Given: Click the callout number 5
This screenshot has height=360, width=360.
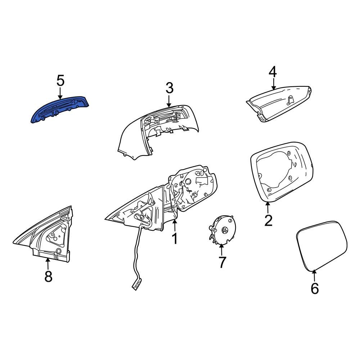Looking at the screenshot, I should pyautogui.click(x=60, y=81).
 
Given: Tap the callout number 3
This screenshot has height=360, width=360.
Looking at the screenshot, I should pyautogui.click(x=169, y=88).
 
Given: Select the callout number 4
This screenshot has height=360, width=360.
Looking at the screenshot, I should pyautogui.click(x=273, y=72).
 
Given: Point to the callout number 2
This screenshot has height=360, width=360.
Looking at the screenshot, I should pyautogui.click(x=268, y=220).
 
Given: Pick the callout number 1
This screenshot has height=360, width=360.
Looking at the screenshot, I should pyautogui.click(x=174, y=238).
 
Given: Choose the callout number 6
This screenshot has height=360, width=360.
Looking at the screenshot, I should pyautogui.click(x=314, y=288).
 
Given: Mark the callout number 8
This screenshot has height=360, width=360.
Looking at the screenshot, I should pyautogui.click(x=48, y=276).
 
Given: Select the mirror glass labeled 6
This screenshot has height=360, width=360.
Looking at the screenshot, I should pyautogui.click(x=321, y=245).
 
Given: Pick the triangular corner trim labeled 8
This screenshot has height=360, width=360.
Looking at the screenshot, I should pyautogui.click(x=47, y=234).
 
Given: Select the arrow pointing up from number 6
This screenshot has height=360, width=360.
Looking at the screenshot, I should pyautogui.click(x=314, y=275).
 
